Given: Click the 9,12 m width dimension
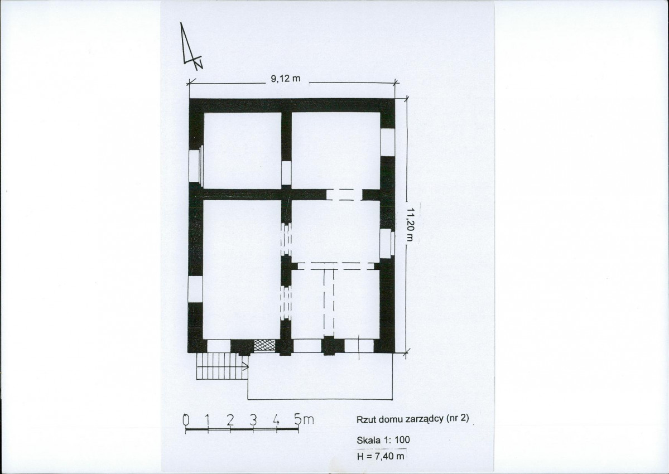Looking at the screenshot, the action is (286, 79).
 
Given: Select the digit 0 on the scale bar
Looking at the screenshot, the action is (186, 420).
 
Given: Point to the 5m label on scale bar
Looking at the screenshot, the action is (304, 419).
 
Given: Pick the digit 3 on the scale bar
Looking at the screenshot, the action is (253, 420).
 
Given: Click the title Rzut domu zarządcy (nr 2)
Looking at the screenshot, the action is (412, 419).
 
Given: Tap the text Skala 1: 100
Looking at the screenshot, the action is (383, 440).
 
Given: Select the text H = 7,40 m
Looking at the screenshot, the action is (381, 457).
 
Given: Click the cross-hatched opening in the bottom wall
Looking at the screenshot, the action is (264, 345).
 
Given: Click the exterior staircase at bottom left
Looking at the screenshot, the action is (222, 366).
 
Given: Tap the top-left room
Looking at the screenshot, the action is (242, 150).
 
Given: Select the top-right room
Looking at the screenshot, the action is (336, 150).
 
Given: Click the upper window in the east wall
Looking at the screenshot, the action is (387, 142).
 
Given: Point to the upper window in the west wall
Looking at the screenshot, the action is (195, 165).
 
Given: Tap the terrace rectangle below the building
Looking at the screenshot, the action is (320, 376).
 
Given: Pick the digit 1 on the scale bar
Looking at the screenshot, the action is (208, 420).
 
